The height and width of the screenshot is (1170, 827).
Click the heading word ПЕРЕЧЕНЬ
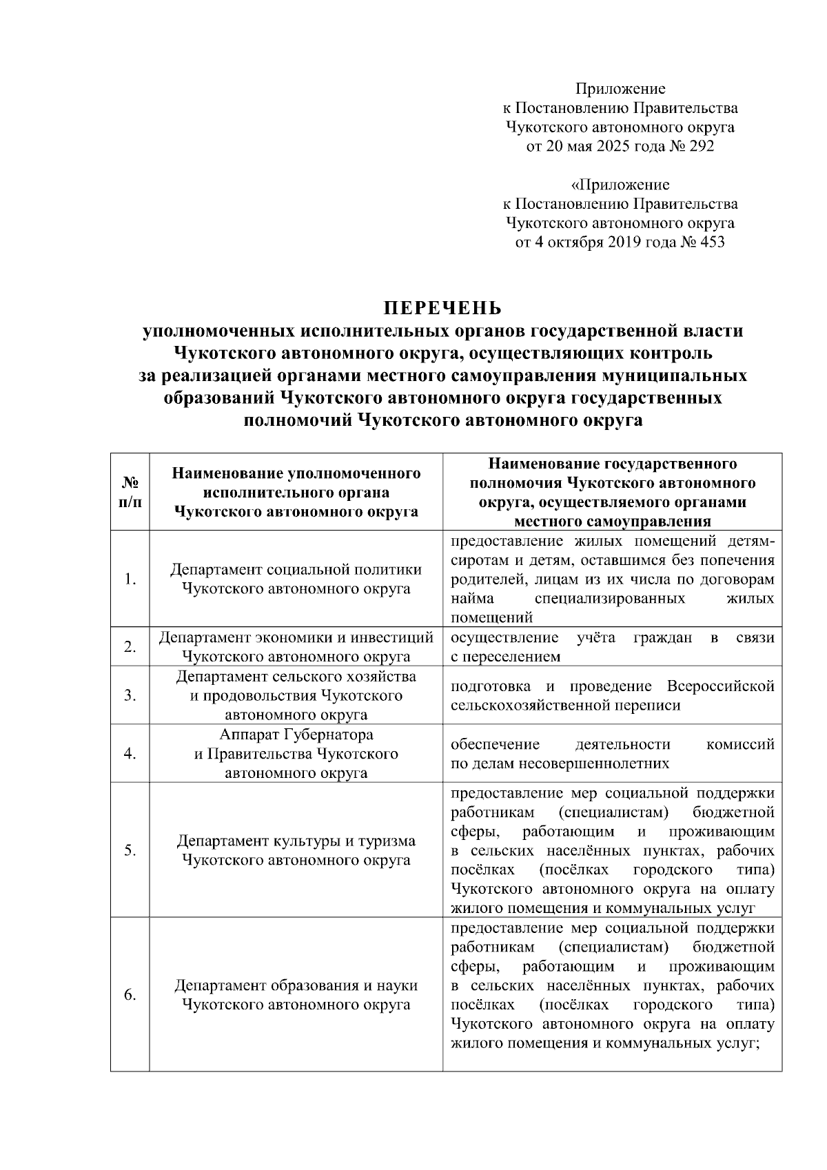tap(444, 307)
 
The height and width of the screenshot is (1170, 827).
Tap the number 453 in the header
tap(711, 242)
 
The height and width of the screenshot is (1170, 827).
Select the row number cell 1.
tap(130, 579)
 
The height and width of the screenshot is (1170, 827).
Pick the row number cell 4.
tap(130, 753)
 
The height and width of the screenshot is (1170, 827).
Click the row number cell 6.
tap(130, 994)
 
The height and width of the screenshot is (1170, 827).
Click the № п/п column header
tap(130, 492)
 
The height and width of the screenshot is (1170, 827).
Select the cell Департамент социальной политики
tap(296, 579)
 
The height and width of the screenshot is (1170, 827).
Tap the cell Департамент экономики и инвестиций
tap(296, 646)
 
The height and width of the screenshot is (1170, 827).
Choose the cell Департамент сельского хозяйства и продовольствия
tap(296, 695)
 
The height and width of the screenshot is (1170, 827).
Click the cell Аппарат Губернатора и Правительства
tap(296, 753)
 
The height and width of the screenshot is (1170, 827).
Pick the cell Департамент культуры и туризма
tap(296, 850)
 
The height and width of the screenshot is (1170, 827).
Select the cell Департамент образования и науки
tap(296, 994)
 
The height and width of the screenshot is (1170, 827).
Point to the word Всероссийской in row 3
tap(720, 686)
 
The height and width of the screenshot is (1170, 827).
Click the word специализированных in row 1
tap(609, 598)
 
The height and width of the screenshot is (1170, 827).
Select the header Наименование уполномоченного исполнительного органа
tap(296, 492)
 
